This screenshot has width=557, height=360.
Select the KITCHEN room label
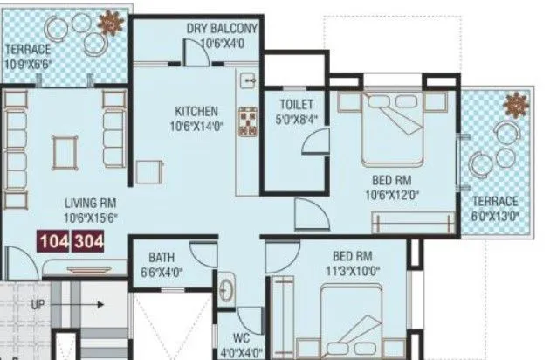coord(196,111)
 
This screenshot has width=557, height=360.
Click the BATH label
coord(162,258)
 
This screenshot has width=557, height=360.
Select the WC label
coord(242,336)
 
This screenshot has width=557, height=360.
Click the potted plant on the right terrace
coord(516,107)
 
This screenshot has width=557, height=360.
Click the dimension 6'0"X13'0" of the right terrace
coord(495,214)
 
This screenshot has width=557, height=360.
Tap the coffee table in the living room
coord(62,153)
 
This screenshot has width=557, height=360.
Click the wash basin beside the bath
coord(227,288)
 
